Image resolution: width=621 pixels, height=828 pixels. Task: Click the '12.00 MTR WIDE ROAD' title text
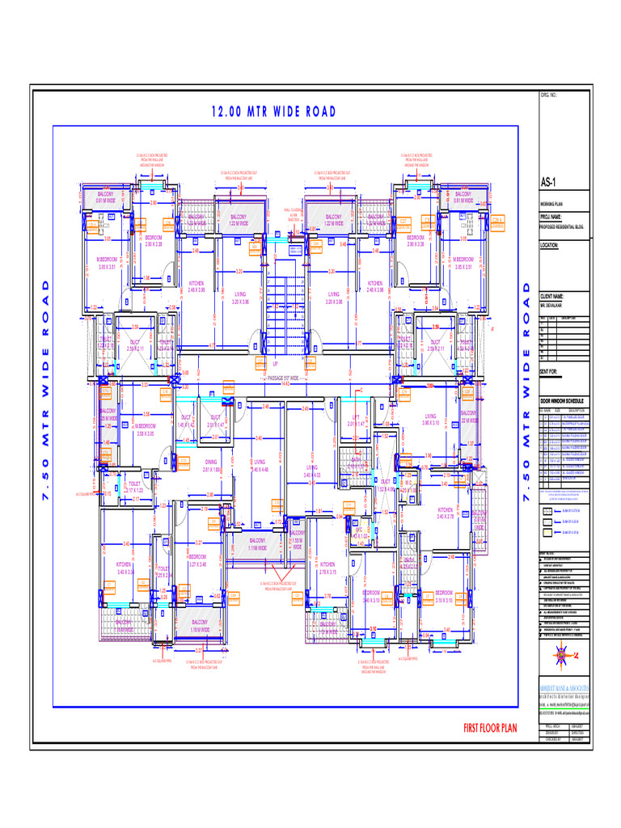(272, 112)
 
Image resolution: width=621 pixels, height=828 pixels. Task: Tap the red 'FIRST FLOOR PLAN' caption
(490, 729)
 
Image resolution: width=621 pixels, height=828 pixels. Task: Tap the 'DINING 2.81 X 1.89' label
(211, 465)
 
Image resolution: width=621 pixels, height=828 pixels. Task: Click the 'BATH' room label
(356, 460)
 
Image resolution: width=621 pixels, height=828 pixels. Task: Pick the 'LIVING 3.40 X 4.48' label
(260, 466)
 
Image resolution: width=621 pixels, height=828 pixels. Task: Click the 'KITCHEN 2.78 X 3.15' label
(327, 568)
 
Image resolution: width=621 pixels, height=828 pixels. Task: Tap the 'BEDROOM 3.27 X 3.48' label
(198, 560)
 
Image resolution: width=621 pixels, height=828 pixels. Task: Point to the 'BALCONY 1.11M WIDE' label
(258, 543)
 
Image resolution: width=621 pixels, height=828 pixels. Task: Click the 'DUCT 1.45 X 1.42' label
(187, 420)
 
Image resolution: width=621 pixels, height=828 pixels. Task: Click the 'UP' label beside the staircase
(274, 364)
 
